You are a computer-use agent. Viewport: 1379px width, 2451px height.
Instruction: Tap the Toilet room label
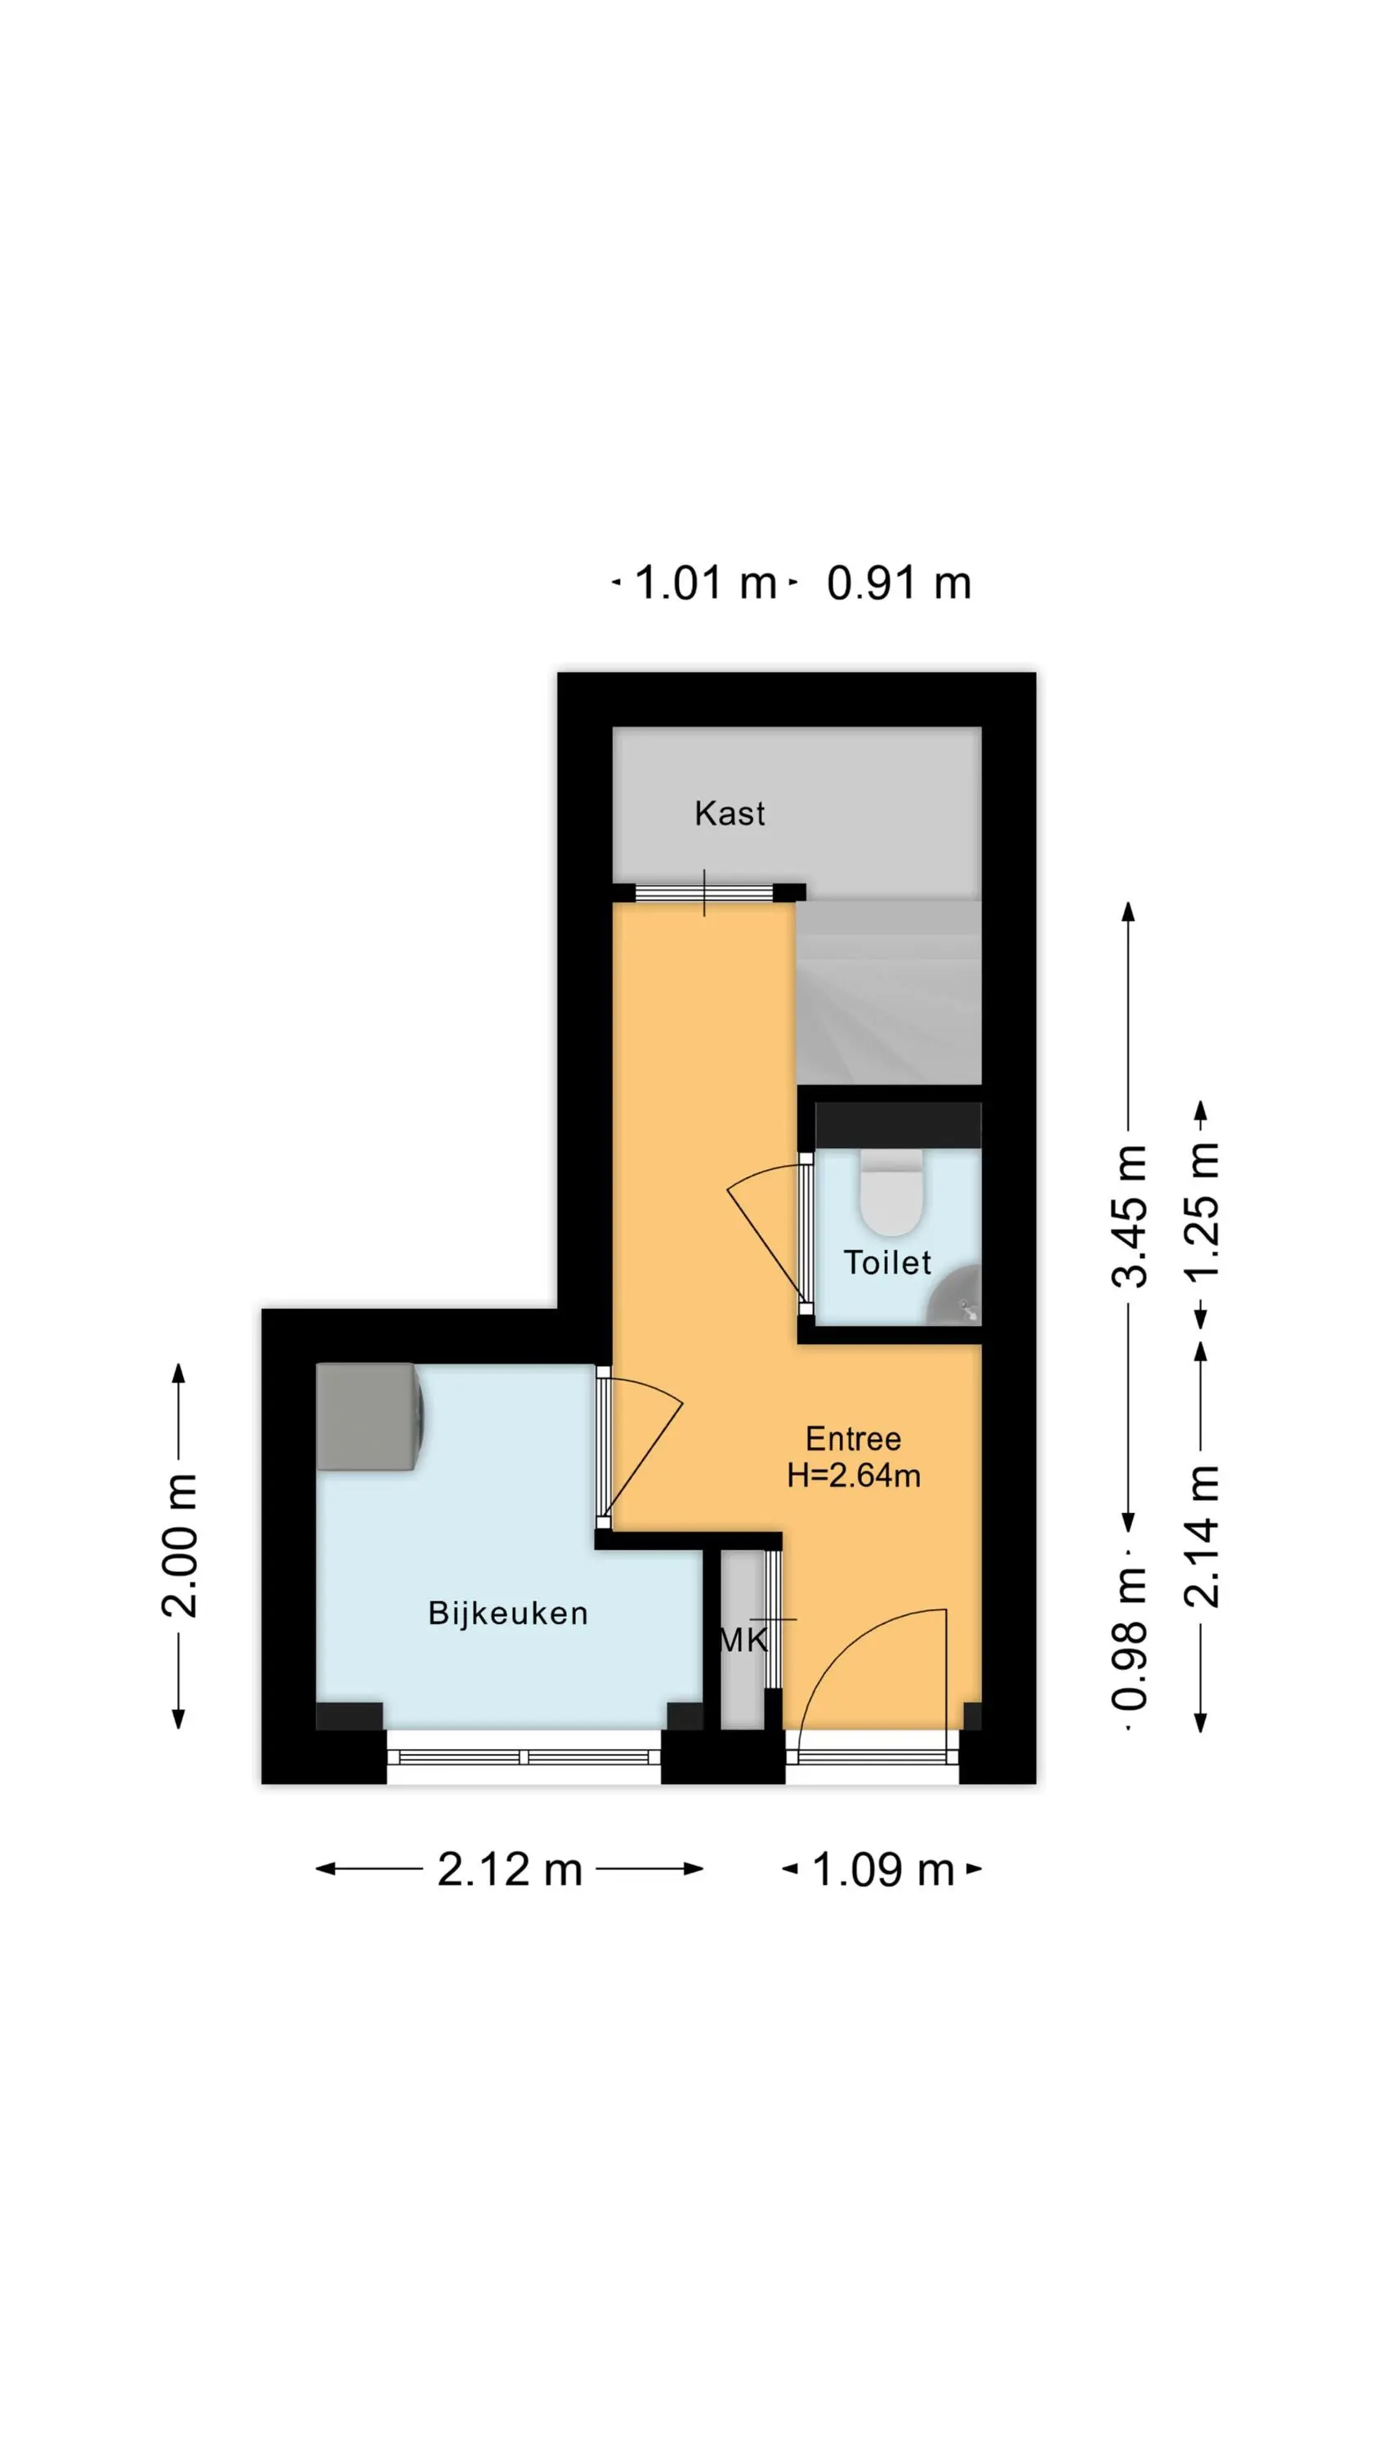887,1262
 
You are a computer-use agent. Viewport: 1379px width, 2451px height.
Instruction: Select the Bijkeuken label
508,1613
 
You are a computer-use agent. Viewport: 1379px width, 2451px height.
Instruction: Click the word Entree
853,1438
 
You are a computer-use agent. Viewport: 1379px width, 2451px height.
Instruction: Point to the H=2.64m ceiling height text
853,1475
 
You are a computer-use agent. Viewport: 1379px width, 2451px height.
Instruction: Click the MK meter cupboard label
743,1640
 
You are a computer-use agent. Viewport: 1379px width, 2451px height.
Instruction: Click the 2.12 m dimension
509,1868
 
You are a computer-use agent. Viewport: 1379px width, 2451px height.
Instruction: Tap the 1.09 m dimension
882,1868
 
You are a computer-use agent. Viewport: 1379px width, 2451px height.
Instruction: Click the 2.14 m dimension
1201,1537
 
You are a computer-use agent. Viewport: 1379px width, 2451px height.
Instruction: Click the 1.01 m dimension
705,583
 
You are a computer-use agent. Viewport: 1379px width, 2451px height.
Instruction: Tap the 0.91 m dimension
899,583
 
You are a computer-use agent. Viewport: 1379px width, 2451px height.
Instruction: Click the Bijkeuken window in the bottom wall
524,1757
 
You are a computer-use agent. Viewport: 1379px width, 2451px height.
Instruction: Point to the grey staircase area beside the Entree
889,993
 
